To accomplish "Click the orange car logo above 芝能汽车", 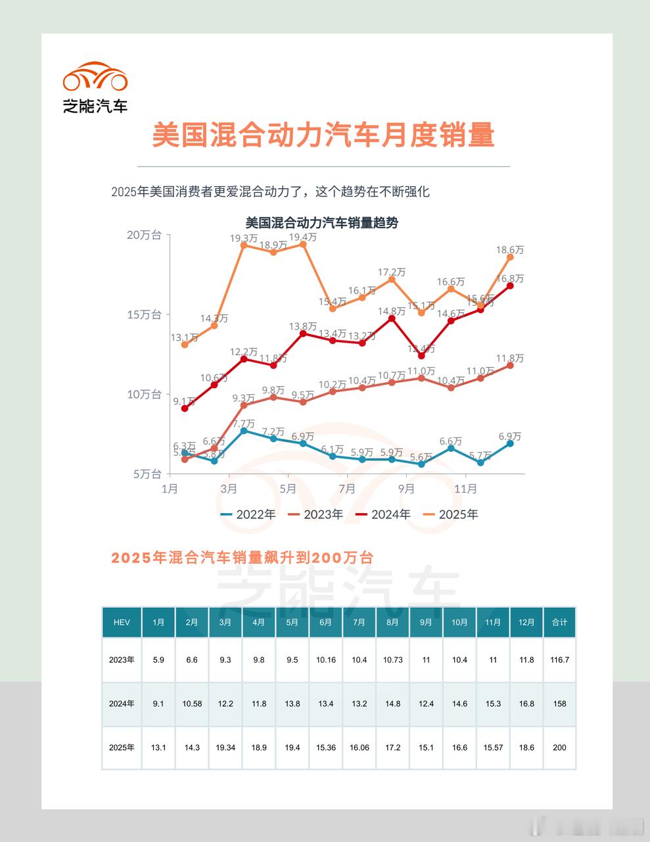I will click(95, 77).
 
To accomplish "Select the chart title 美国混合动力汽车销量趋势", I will click(321, 222).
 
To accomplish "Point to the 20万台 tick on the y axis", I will click(144, 235).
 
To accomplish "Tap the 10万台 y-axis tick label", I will click(144, 394).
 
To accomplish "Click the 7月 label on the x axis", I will click(347, 489).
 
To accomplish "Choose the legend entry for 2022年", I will click(248, 514).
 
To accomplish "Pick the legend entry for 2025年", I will click(450, 514).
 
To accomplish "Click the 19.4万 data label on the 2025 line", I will click(303, 237).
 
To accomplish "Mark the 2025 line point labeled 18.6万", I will click(510, 257).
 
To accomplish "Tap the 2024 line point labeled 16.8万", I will click(510, 285).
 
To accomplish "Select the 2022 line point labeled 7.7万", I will click(244, 430).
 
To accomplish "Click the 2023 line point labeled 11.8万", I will click(510, 365).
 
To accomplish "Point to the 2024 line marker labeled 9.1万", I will click(185, 409).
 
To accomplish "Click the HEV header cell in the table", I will click(122, 622).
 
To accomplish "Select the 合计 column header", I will click(559, 622).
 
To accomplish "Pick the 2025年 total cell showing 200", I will click(559, 747).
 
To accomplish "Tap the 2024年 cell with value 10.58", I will click(192, 704).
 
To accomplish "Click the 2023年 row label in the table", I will click(122, 660).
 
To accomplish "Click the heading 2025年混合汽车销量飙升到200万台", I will click(243, 558).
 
